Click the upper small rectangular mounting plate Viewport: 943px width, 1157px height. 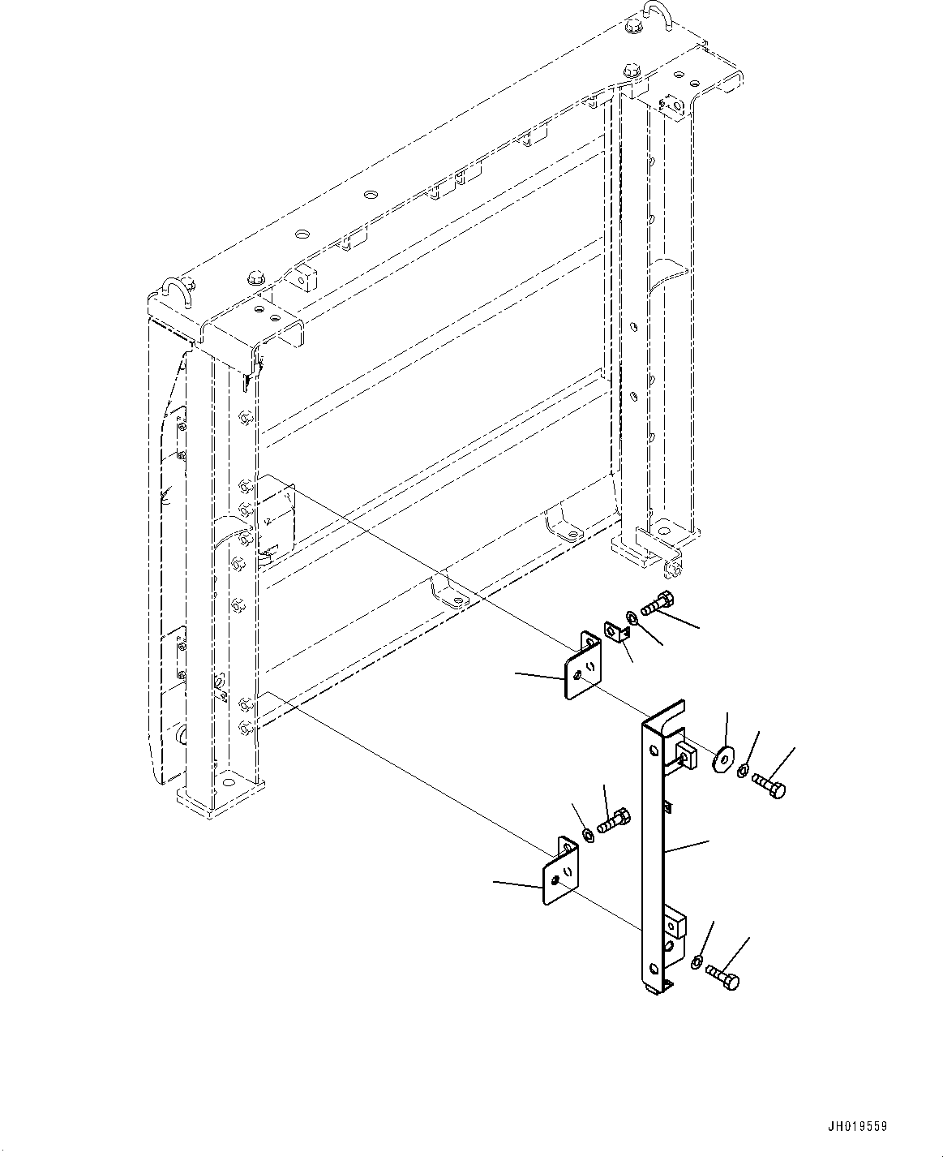[582, 667]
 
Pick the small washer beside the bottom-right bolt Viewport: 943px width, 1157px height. [697, 962]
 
